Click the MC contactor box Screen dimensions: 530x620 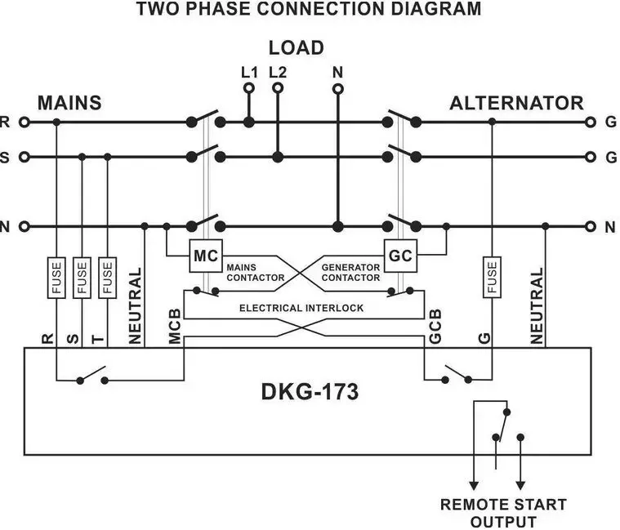[206, 256]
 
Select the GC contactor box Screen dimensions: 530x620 [400, 256]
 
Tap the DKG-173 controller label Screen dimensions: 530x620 [310, 392]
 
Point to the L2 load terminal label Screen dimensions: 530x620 [278, 72]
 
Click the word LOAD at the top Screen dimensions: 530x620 [296, 47]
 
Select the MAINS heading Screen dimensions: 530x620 [69, 103]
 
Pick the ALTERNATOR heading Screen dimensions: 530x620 [516, 103]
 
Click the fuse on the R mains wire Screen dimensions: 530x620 [56, 278]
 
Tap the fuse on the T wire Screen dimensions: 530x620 [108, 278]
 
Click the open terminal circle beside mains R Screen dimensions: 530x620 [24, 122]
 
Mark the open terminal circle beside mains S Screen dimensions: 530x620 [24, 157]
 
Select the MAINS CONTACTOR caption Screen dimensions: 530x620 [255, 272]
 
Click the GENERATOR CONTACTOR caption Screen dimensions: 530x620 [350, 272]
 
